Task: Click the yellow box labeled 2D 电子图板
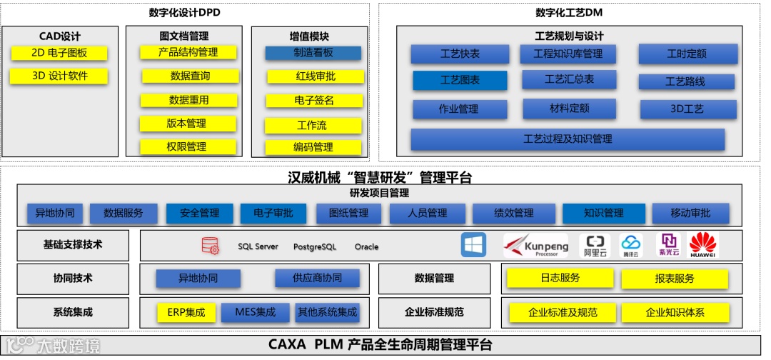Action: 59,53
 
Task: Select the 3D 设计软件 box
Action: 59,76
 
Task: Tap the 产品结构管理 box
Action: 188,52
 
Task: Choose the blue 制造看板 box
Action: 313,53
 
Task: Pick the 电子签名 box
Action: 314,101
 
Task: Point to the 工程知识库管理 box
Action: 568,54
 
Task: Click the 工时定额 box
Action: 686,54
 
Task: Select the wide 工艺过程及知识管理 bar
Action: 568,139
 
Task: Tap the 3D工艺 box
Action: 687,109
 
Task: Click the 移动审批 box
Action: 690,213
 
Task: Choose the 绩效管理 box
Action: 513,213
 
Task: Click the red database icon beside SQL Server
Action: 210,246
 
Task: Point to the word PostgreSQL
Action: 314,247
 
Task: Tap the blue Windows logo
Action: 473,245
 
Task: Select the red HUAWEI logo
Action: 702,245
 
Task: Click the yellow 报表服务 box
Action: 674,279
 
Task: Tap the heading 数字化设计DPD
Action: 185,13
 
